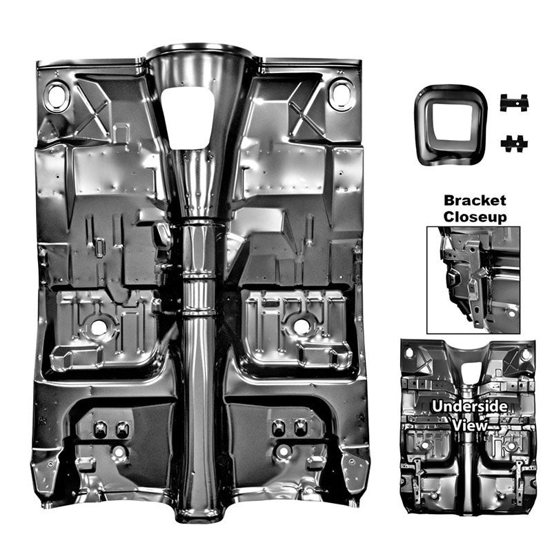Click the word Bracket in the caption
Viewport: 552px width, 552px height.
click(x=475, y=201)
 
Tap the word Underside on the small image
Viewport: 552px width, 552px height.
click(x=470, y=406)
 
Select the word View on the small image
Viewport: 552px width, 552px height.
click(x=470, y=425)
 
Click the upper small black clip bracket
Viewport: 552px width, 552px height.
click(x=514, y=102)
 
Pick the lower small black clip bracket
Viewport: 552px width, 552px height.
click(x=514, y=144)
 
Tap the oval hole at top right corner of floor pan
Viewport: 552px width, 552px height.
click(x=340, y=94)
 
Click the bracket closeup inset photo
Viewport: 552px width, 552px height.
click(x=473, y=280)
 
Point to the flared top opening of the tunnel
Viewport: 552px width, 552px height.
click(x=199, y=54)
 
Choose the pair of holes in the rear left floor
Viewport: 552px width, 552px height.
click(x=111, y=428)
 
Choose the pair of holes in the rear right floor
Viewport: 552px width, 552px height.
click(x=289, y=428)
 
